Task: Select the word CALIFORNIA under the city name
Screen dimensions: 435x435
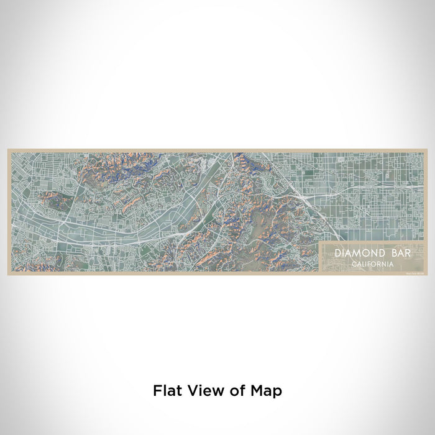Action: click(x=372, y=264)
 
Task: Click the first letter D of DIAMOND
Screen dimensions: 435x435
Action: click(x=337, y=254)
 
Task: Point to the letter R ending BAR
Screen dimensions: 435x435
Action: click(x=400, y=254)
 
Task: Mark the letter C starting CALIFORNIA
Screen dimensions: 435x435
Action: click(x=353, y=264)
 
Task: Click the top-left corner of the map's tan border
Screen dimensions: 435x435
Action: click(x=9, y=149)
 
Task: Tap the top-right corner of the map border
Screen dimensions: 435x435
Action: click(x=426, y=149)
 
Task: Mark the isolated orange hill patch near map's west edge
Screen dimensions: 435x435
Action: click(x=52, y=200)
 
